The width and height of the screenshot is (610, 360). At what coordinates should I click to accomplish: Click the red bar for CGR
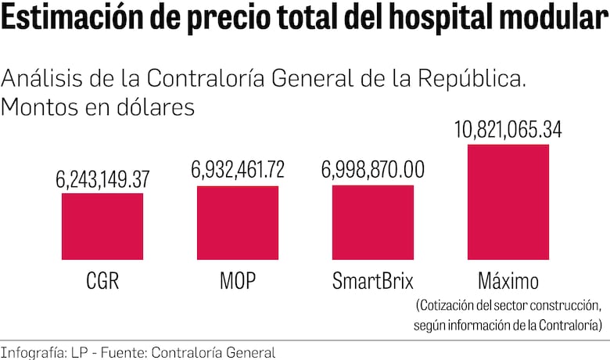click(102, 226)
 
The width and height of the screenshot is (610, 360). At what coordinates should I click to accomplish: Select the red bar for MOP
click(238, 222)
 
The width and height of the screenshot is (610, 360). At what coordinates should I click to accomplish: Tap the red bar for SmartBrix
click(373, 222)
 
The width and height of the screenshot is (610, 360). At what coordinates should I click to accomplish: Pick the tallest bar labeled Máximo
click(508, 202)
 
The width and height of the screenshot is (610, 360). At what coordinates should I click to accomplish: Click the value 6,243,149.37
click(102, 179)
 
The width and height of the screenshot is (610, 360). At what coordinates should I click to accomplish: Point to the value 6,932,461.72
click(238, 169)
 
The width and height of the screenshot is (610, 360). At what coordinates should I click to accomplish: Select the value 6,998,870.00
click(373, 169)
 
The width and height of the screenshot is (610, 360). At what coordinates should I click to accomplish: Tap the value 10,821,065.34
click(508, 129)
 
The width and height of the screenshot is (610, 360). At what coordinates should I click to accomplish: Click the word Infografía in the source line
click(33, 352)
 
